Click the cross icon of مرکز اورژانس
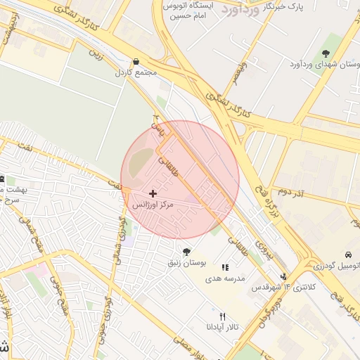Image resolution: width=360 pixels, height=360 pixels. click(153, 193)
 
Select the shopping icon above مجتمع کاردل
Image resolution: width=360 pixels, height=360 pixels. click(136, 62)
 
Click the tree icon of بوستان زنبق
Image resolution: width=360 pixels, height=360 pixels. click(186, 252)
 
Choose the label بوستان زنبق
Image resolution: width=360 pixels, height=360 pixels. click(186, 263)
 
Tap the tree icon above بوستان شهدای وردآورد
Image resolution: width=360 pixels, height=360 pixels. click(326, 54)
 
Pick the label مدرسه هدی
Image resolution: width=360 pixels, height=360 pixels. click(224, 278)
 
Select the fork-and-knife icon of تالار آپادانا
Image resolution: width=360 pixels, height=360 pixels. click(223, 317)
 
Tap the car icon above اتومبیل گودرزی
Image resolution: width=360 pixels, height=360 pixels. click(348, 255)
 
